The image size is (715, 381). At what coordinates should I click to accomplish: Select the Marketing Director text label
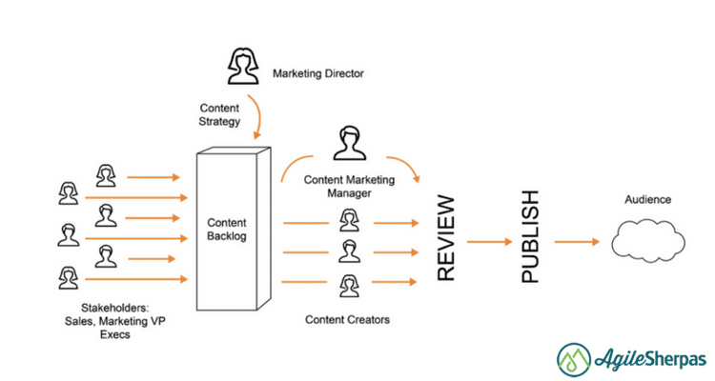[318, 72]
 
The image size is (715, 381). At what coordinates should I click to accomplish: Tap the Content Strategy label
[219, 114]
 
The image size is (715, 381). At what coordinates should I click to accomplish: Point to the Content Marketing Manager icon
[348, 142]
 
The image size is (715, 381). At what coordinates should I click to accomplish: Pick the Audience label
[647, 200]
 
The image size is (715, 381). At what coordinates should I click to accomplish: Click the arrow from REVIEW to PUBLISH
[489, 242]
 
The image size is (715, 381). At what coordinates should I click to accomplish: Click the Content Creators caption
[347, 319]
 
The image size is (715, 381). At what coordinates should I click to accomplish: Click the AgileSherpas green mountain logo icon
[575, 360]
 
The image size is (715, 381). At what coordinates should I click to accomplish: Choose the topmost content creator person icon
[349, 222]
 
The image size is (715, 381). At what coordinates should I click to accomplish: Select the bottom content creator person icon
[349, 284]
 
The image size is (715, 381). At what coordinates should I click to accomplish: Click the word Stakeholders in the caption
[85, 308]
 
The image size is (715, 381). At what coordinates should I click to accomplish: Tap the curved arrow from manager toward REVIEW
[406, 169]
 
